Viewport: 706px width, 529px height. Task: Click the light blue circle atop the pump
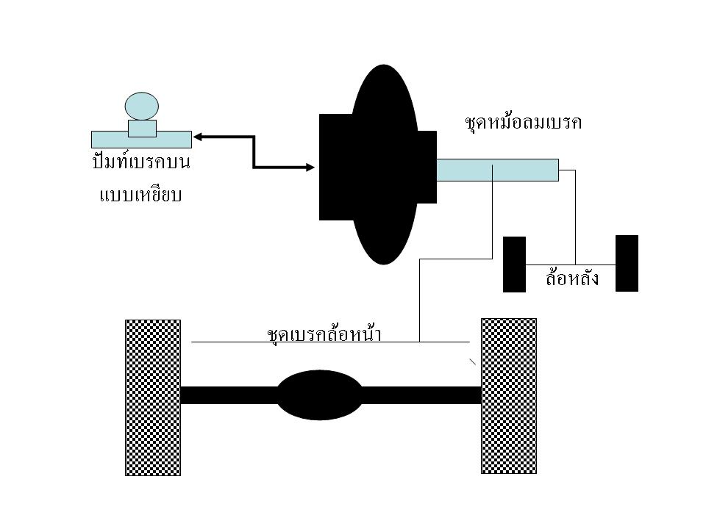[x=142, y=106]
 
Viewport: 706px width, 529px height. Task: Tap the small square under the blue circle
[x=142, y=129]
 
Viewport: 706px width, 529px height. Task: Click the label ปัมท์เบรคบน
[x=141, y=162]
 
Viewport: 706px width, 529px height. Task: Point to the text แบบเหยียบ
[x=141, y=195]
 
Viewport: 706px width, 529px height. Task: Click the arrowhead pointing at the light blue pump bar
[x=199, y=136]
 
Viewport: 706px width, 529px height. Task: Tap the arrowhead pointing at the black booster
[x=309, y=168]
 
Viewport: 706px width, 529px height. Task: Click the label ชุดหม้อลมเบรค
[x=524, y=122]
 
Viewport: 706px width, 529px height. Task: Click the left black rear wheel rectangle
[x=514, y=264]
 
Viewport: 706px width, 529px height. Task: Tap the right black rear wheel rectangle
[x=627, y=263]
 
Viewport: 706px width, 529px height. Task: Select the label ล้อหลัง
[x=571, y=279]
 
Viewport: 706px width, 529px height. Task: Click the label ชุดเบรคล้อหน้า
[x=327, y=334]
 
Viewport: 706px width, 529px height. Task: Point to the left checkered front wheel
[x=153, y=397]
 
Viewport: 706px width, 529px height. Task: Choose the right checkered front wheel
[x=508, y=396]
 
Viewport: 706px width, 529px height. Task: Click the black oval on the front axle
[x=319, y=395]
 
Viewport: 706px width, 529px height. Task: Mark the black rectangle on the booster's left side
[x=335, y=168]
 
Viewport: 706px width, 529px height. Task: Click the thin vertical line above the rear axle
[x=575, y=220]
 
